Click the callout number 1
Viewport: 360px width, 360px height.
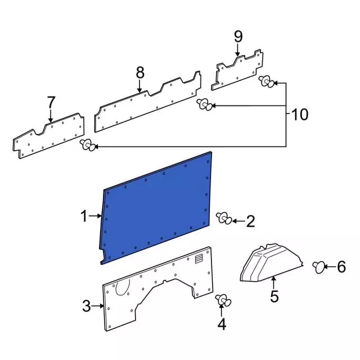click(x=83, y=216)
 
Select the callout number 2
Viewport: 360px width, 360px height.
click(x=251, y=222)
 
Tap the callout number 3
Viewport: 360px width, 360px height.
click(x=86, y=307)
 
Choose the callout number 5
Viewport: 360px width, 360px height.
click(x=274, y=296)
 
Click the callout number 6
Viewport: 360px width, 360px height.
click(x=341, y=268)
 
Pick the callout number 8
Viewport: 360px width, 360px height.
click(x=139, y=73)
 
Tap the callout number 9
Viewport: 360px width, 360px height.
click(x=238, y=37)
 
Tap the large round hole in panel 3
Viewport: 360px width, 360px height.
click(x=121, y=288)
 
